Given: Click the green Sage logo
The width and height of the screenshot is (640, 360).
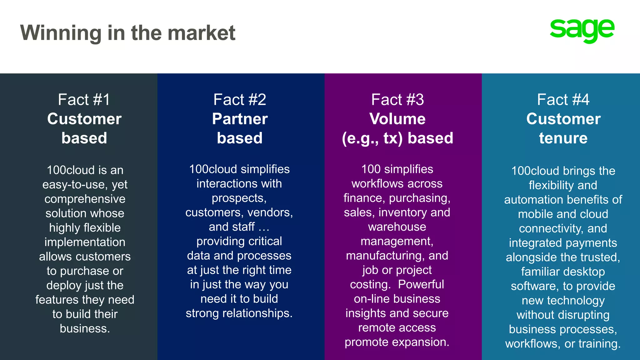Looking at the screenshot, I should click(582, 31).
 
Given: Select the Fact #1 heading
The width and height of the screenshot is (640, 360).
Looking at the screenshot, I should click(84, 100).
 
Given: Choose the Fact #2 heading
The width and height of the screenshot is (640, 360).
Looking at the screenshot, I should click(240, 100).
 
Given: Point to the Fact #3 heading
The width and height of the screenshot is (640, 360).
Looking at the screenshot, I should click(397, 100).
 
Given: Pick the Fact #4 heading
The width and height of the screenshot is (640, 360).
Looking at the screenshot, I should click(563, 100).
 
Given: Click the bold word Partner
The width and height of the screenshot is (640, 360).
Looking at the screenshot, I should click(240, 119).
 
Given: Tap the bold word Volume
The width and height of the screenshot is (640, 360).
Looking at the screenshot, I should click(397, 119).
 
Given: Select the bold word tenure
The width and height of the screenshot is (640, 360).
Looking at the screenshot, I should click(563, 138).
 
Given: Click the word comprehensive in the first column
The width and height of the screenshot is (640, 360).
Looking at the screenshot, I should click(85, 199).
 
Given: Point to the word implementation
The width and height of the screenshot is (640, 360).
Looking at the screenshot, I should click(85, 242).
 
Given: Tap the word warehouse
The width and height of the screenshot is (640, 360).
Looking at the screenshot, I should click(397, 227).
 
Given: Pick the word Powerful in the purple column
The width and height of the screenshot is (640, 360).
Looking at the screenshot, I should click(421, 284).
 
